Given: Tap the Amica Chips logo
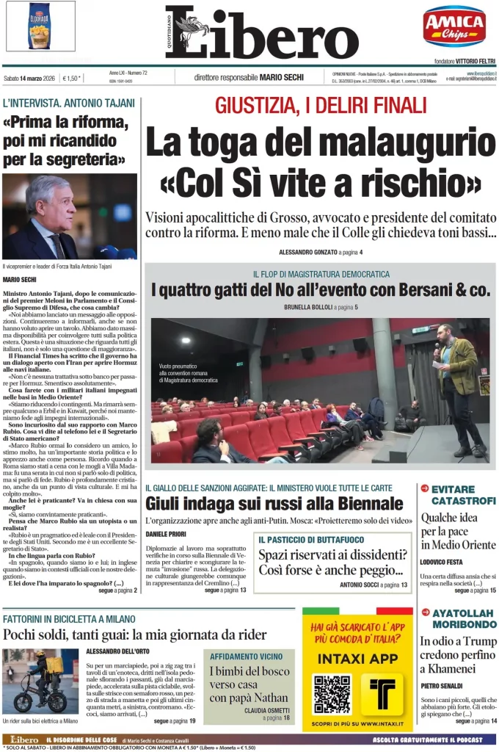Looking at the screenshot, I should coord(454,26).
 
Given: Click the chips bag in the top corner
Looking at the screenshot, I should coord(40,26).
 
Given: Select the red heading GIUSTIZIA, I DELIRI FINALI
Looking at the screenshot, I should coord(320,106).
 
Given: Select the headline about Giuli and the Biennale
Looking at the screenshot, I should coord(274,503).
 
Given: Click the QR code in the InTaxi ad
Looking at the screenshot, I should coord(332,694).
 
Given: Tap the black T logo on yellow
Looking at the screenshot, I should coord(382,694).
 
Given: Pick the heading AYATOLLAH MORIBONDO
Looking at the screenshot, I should coord(463,618).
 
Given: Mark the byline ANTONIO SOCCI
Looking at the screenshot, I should coord(365,585).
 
